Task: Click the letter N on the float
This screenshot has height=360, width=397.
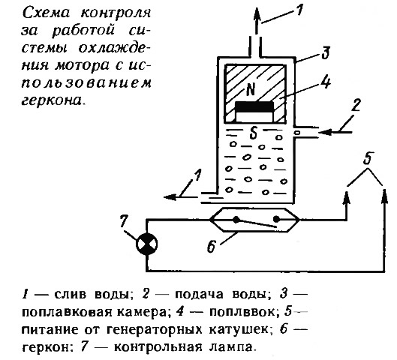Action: (250, 90)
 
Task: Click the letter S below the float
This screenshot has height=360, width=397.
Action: (253, 133)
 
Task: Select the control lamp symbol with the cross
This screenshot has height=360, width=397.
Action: (146, 244)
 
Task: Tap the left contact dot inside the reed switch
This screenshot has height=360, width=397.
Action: (236, 220)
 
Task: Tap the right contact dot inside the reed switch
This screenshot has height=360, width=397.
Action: (276, 219)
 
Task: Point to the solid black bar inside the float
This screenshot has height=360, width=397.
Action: (254, 106)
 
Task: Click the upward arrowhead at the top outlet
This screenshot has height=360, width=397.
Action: (257, 15)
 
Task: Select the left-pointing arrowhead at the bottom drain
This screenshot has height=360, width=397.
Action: (170, 196)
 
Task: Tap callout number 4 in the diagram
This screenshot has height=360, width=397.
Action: (326, 82)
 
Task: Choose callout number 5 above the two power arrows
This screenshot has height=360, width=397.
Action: (368, 158)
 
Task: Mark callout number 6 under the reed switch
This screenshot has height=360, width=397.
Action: (211, 246)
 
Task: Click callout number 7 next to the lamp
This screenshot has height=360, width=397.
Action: (124, 221)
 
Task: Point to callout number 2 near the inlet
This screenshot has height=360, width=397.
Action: (356, 105)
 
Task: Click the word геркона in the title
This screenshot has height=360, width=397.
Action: (52, 100)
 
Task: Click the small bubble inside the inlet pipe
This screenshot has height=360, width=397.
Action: (298, 132)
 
